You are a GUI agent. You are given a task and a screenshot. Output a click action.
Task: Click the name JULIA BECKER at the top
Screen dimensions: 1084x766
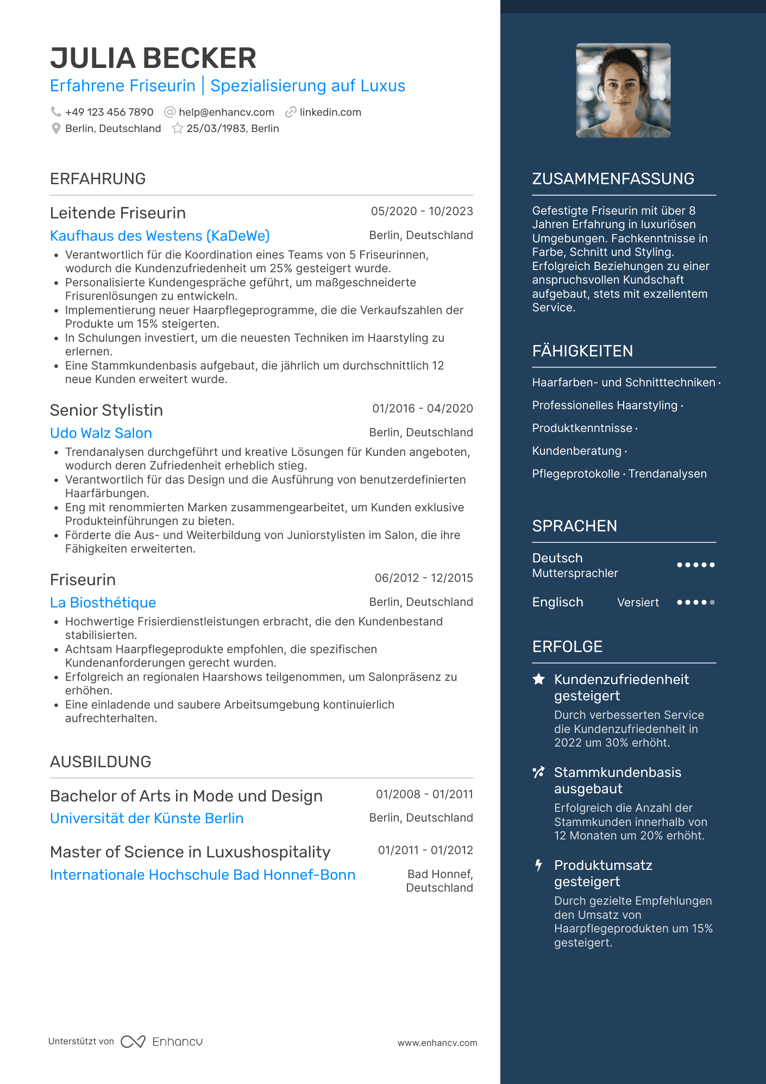tap(153, 59)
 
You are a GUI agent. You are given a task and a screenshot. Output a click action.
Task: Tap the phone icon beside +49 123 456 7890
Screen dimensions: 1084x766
tap(55, 112)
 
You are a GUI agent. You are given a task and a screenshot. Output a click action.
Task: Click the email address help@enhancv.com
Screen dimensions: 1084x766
tap(226, 112)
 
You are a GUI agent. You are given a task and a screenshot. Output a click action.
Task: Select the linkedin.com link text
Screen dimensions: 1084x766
tap(330, 112)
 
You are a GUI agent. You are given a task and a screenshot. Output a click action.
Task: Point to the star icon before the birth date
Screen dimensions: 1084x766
tap(177, 129)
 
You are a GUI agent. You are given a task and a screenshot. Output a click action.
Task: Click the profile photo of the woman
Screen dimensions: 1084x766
tap(623, 91)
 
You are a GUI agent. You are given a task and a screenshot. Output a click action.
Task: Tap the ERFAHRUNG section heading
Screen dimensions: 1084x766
tap(98, 179)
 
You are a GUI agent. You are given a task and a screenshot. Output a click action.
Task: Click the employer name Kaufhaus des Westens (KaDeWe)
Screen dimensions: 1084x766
tap(160, 236)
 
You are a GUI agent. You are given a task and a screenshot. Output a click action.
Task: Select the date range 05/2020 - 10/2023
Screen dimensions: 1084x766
tap(422, 211)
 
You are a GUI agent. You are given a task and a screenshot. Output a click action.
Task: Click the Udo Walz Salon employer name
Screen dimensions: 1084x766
tap(101, 433)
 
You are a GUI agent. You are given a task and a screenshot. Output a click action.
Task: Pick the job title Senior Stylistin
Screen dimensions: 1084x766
tap(106, 410)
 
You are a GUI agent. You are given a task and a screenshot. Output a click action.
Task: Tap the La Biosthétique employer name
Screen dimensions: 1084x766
tap(103, 603)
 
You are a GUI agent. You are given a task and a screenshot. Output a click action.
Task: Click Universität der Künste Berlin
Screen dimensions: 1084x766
tap(147, 818)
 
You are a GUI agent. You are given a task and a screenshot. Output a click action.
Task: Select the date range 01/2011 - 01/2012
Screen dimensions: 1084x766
tap(425, 850)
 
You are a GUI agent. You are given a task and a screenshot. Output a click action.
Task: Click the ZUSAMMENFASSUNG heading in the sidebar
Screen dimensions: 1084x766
tap(613, 179)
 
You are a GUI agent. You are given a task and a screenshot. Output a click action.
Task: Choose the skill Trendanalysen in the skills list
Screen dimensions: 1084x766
tap(667, 474)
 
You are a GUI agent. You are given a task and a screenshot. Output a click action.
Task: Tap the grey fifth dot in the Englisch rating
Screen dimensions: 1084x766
tap(712, 603)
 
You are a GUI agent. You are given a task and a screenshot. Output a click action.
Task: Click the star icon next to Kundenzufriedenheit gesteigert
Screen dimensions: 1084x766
tap(538, 679)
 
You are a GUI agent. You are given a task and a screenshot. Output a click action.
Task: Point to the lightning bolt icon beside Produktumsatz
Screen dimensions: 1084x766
tap(538, 865)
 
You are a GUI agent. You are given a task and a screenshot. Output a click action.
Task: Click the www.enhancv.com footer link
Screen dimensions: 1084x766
tap(437, 1043)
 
